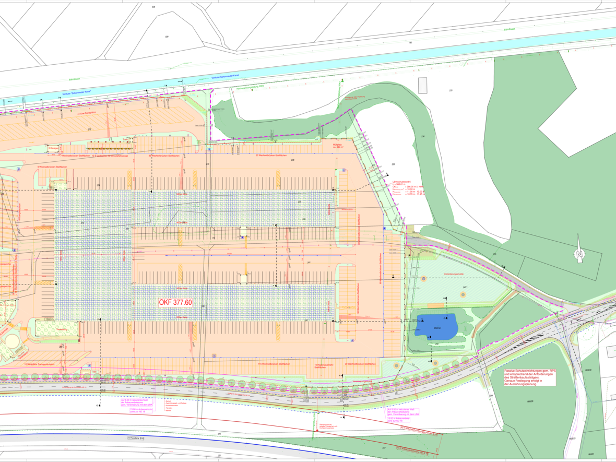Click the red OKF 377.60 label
click(175, 302)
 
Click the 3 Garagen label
click(54, 148)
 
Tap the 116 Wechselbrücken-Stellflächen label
click(269, 363)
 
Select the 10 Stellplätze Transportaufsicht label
click(39, 364)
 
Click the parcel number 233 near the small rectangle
click(450, 91)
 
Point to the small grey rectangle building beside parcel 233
click(422, 85)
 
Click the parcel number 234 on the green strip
click(422, 137)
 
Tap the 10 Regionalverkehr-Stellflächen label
click(324, 365)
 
